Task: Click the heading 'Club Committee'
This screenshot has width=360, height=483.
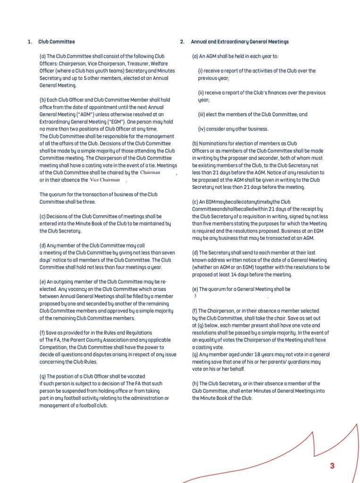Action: coord(57,42)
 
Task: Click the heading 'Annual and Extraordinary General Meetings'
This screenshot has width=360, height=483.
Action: coord(240,42)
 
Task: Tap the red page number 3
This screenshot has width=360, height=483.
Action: coord(332,466)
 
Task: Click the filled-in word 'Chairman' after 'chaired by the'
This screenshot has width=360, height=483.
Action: coord(151,172)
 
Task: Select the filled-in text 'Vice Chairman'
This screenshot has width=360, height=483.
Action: coord(105,180)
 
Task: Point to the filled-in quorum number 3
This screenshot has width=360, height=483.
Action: coord(195,296)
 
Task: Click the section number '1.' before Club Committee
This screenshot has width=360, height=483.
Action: coord(29,42)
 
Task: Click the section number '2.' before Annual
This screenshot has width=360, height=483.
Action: coord(182,42)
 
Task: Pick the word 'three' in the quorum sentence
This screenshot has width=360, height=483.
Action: coord(89,202)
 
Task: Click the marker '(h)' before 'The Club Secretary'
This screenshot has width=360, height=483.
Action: coord(195,383)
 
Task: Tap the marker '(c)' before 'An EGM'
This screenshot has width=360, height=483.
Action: coord(195,202)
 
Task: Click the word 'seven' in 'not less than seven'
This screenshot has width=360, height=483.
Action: coord(167,253)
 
